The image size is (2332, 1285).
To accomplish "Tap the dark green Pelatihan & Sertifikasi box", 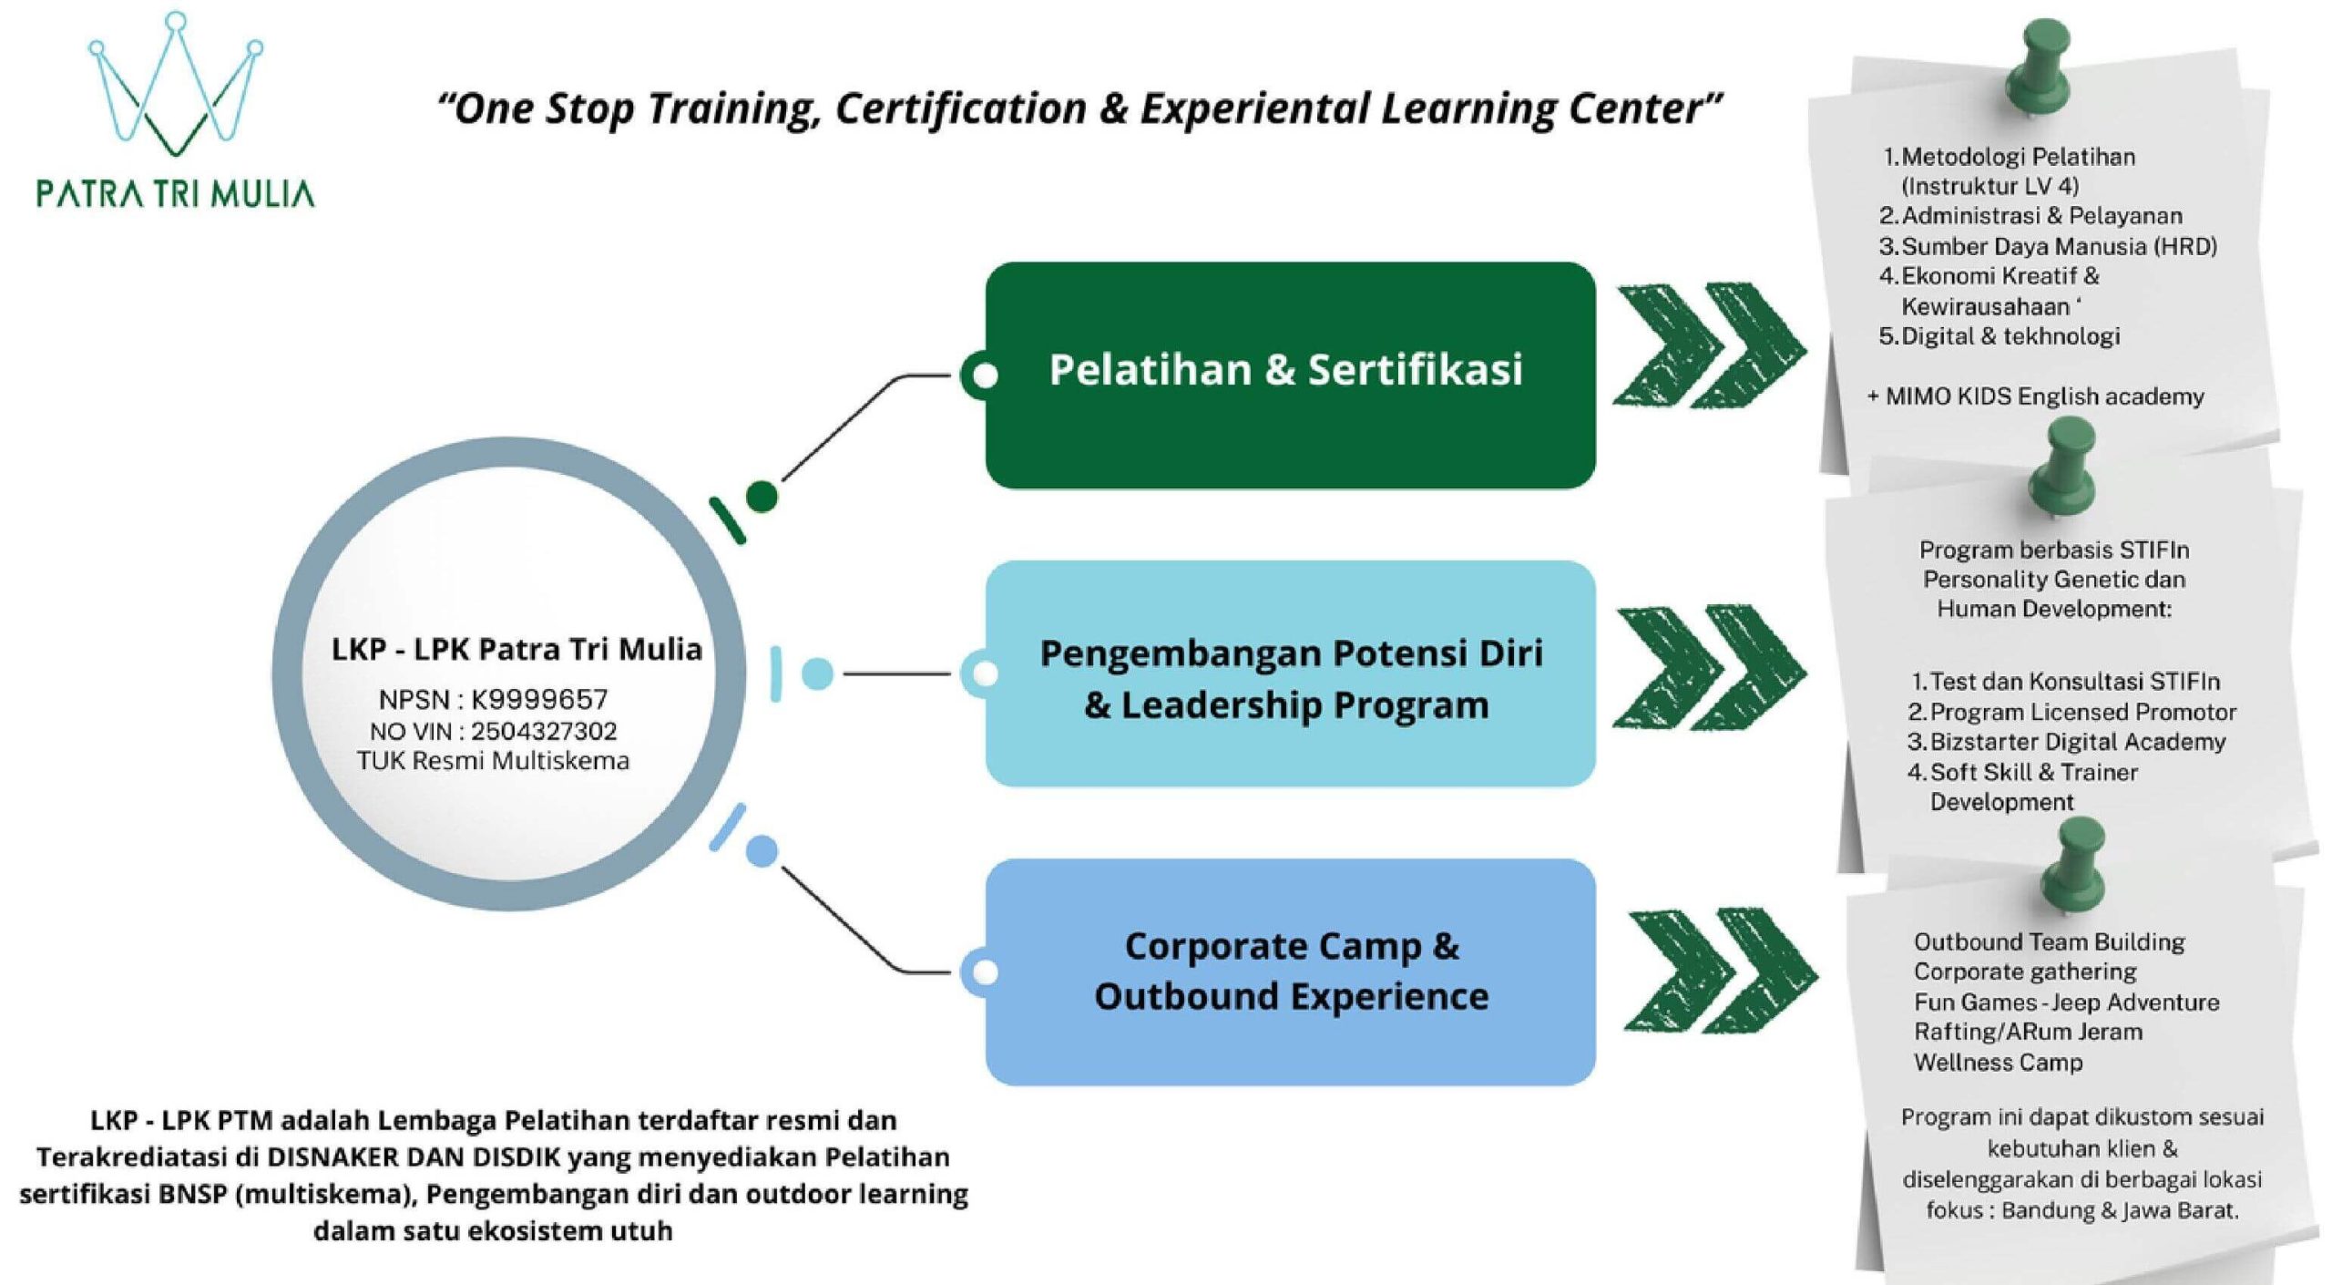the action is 1290,375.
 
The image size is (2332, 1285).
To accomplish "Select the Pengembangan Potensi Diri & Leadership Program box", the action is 1290,673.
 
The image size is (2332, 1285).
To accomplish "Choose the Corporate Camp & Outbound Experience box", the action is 1290,971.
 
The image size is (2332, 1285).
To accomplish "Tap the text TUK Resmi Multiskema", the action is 493,760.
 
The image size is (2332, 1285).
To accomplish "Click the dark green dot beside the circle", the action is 762,497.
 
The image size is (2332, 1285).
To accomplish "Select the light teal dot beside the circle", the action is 817,673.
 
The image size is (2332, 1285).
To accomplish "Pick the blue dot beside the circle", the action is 762,851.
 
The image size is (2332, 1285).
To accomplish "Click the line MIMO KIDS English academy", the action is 2035,396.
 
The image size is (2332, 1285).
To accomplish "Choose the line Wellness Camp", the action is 1998,1062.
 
